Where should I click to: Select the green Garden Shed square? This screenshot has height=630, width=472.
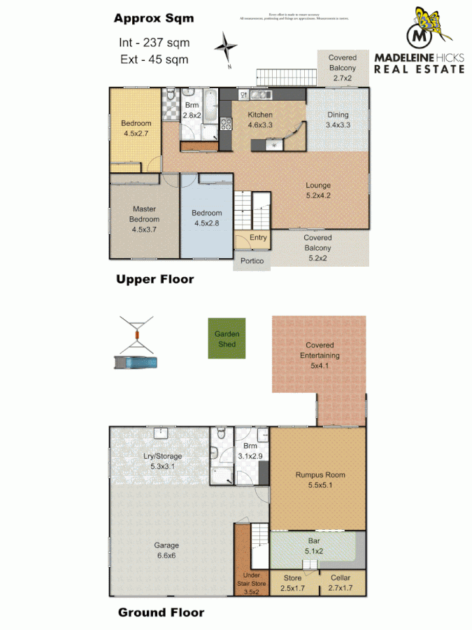pyautogui.click(x=227, y=339)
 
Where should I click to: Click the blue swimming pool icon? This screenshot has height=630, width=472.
pyautogui.click(x=135, y=363)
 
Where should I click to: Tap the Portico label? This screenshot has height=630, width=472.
pyautogui.click(x=252, y=261)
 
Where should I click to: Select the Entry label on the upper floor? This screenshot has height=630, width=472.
pyautogui.click(x=258, y=238)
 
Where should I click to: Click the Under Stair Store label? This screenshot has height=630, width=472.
pyautogui.click(x=250, y=582)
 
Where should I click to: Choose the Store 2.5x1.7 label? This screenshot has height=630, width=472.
pyautogui.click(x=292, y=582)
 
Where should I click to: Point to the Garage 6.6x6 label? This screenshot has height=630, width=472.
pyautogui.click(x=167, y=550)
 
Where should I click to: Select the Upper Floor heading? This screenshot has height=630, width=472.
pyautogui.click(x=155, y=279)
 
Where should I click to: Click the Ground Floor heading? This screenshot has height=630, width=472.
pyautogui.click(x=161, y=612)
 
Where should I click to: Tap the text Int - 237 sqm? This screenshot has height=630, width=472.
pyautogui.click(x=154, y=43)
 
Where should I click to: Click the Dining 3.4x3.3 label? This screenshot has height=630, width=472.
pyautogui.click(x=337, y=120)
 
